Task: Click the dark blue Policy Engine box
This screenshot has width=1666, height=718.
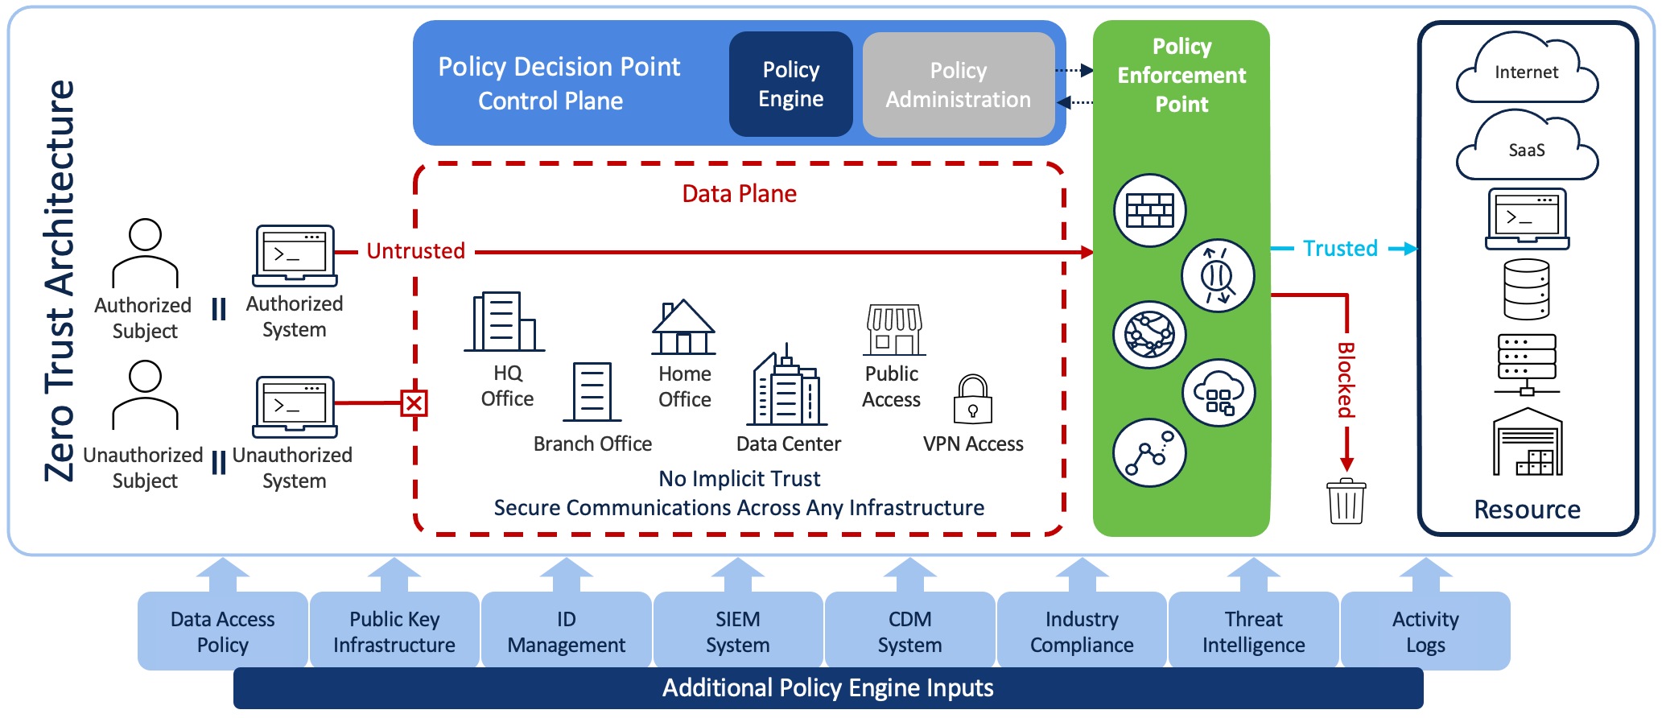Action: click(x=790, y=85)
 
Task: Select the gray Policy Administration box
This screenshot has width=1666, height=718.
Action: click(x=958, y=85)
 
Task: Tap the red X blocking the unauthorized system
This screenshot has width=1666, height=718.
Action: click(x=414, y=402)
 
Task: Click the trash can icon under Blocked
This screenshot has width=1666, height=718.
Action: click(x=1346, y=502)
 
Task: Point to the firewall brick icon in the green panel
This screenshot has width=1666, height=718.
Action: click(x=1149, y=210)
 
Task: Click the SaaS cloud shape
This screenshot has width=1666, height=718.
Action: click(x=1526, y=150)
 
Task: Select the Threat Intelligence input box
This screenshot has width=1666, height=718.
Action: click(x=1253, y=631)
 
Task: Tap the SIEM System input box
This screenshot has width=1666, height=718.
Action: click(x=737, y=631)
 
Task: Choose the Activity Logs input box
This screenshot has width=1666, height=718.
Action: click(x=1425, y=631)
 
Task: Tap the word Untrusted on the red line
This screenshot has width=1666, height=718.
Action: click(x=415, y=251)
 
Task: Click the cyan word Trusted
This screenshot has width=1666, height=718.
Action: click(x=1340, y=249)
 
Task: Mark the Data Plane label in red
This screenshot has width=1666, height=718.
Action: click(x=739, y=194)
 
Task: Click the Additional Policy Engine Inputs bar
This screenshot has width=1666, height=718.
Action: click(x=827, y=689)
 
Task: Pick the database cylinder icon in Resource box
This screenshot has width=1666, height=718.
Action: click(x=1526, y=290)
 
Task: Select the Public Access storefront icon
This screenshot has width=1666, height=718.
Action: click(x=893, y=330)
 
